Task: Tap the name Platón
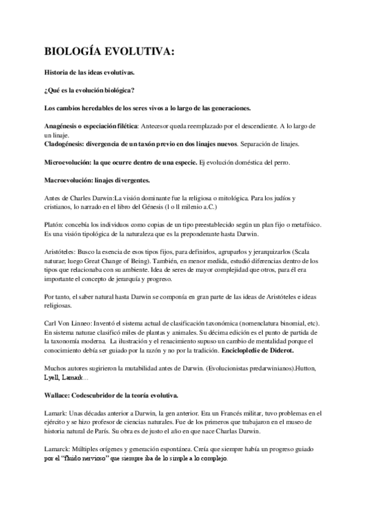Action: click(55, 225)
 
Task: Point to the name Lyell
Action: click(52, 378)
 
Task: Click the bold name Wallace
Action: click(59, 395)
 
